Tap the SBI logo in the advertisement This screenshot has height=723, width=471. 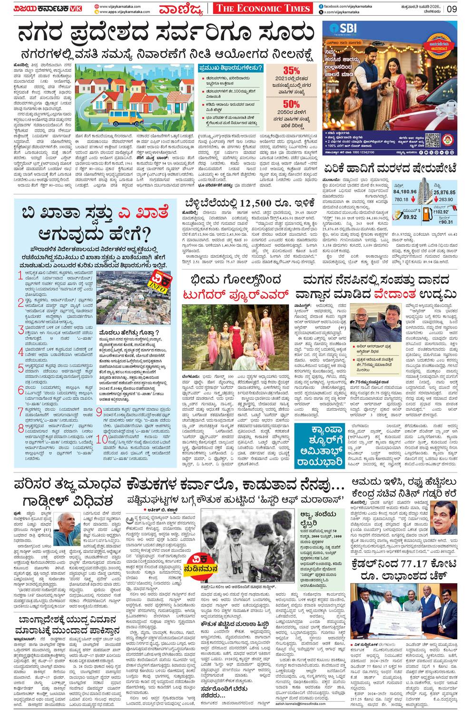pyautogui.click(x=349, y=27)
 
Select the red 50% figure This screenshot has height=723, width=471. pyautogui.click(x=291, y=104)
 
